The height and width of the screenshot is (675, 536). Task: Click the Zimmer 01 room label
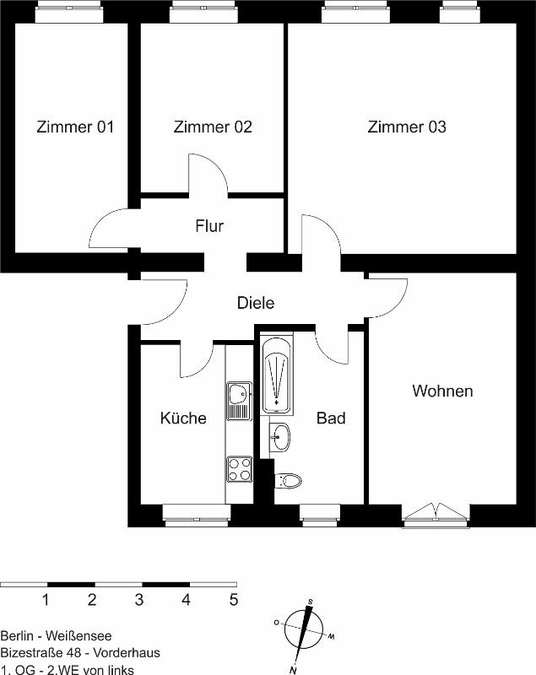(75, 127)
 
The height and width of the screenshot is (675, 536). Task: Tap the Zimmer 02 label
(213, 127)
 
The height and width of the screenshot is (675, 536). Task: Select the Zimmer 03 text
(407, 127)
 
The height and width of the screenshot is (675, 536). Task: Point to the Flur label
(209, 226)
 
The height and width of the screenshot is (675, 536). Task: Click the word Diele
(256, 303)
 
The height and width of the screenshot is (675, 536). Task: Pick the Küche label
(183, 418)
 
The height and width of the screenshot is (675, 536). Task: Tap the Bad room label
(331, 418)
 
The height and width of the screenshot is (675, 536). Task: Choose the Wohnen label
(442, 391)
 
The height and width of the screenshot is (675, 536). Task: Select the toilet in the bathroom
(288, 480)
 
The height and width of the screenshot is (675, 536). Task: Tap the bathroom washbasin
(280, 437)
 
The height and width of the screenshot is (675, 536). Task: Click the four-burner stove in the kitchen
(240, 469)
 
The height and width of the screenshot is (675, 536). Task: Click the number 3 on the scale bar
(138, 600)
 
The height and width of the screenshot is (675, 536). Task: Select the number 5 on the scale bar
(234, 600)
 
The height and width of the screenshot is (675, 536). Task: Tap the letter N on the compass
(293, 670)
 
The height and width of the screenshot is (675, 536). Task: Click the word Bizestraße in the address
(31, 652)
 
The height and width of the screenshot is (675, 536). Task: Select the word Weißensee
(79, 636)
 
